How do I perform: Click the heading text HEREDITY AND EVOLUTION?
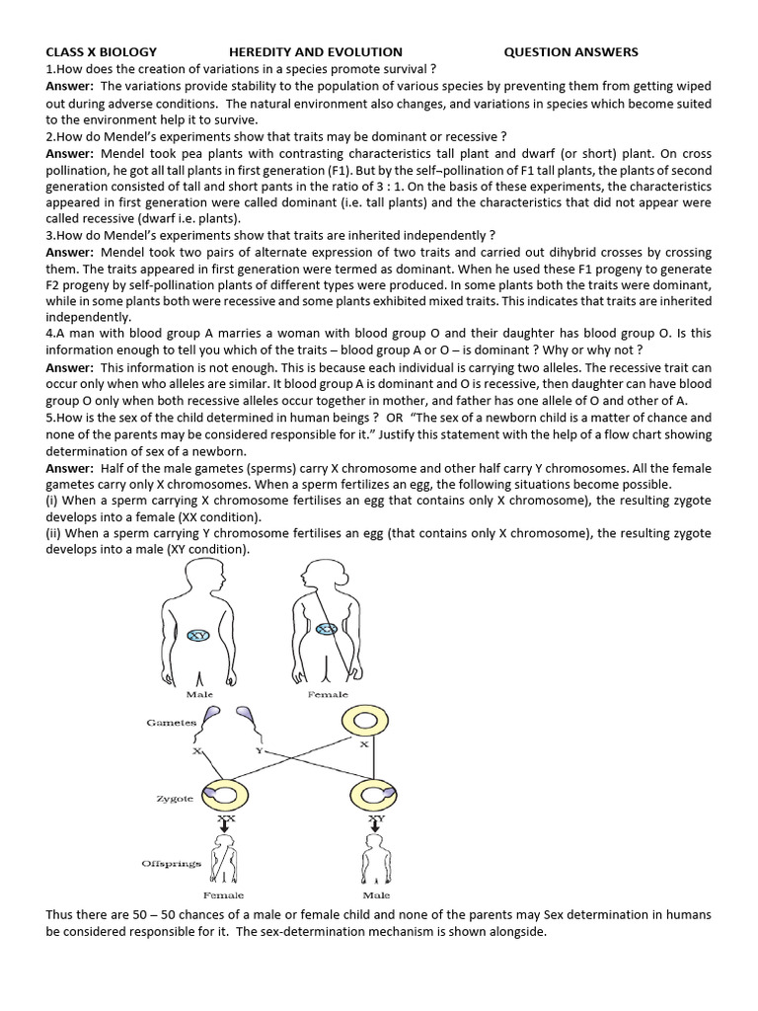point(315,51)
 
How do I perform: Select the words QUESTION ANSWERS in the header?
point(570,51)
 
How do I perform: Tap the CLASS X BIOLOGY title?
point(101,51)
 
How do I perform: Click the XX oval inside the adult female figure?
point(329,628)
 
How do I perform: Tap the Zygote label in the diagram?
point(175,797)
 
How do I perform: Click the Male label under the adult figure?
point(200,695)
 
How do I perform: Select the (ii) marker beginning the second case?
point(55,533)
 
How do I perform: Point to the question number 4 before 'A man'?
point(49,334)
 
